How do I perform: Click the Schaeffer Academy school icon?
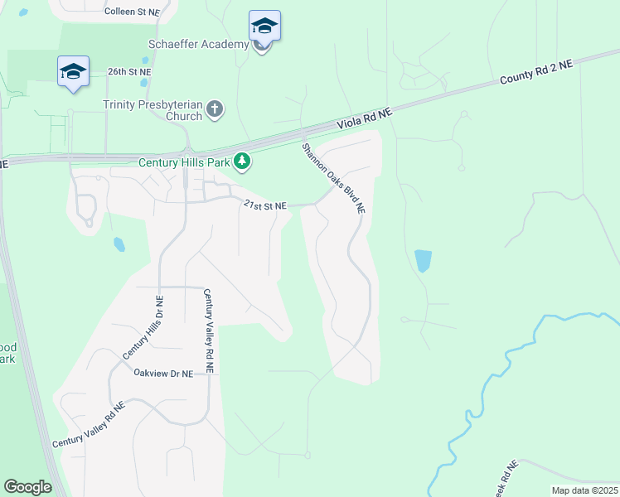pyautogui.click(x=264, y=26)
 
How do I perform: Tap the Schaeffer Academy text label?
pyautogui.click(x=199, y=44)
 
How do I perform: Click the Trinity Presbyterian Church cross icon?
pyautogui.click(x=215, y=109)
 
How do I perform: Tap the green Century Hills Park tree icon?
pyautogui.click(x=242, y=161)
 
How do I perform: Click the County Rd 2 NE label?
pyautogui.click(x=535, y=73)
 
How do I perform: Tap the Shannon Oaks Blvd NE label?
pyautogui.click(x=333, y=178)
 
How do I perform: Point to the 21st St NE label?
pyautogui.click(x=264, y=205)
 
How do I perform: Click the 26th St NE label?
pyautogui.click(x=130, y=72)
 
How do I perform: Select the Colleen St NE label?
pyautogui.click(x=131, y=12)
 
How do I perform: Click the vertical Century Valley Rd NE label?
pyautogui.click(x=208, y=331)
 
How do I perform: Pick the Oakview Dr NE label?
pyautogui.click(x=163, y=374)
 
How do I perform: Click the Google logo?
pyautogui.click(x=28, y=487)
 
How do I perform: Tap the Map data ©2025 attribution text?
pyautogui.click(x=584, y=490)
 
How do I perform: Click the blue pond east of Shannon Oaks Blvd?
pyautogui.click(x=423, y=261)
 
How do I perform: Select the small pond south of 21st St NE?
pyautogui.click(x=119, y=244)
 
